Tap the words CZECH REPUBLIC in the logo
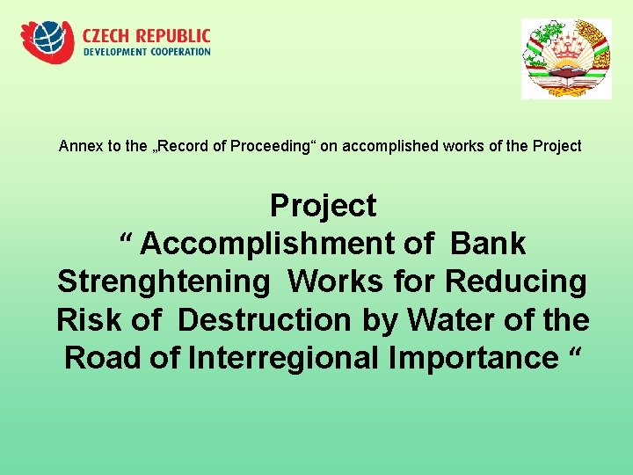click(x=147, y=36)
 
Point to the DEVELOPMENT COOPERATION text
click(x=147, y=52)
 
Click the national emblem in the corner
click(x=566, y=58)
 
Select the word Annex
click(x=78, y=146)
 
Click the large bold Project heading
click(x=323, y=206)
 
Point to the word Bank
click(x=489, y=244)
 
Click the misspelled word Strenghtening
click(x=164, y=282)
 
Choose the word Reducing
click(x=516, y=282)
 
